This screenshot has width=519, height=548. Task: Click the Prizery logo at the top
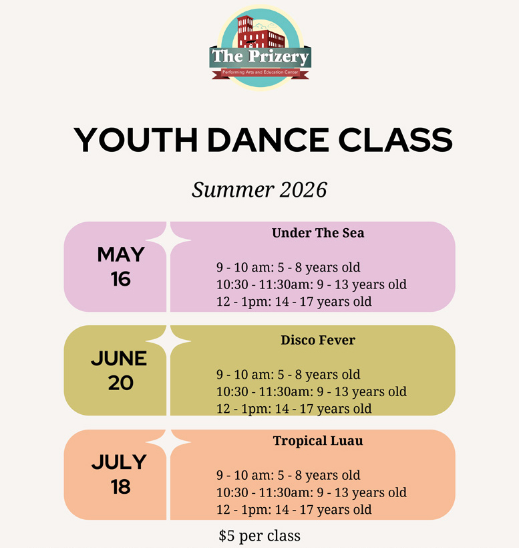point(261,48)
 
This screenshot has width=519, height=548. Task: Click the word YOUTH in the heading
point(136,140)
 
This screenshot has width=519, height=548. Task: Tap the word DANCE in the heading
point(268,140)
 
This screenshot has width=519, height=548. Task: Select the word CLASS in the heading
point(395,140)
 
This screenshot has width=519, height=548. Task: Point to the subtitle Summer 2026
point(259,190)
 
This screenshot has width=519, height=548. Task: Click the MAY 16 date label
point(121,267)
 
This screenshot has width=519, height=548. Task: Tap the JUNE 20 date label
point(120,371)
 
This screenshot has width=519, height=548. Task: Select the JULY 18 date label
point(120,474)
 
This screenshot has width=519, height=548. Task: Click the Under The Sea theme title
point(318,233)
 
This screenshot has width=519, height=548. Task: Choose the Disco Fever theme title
point(318,340)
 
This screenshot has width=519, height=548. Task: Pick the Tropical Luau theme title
point(318,441)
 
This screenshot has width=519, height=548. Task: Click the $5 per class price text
point(259,536)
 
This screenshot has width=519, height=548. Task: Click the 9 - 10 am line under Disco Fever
point(288,375)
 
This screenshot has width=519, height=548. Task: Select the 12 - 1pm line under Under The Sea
point(294,302)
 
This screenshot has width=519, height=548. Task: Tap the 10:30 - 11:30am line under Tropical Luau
point(311,492)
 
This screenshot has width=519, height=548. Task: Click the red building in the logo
point(261,32)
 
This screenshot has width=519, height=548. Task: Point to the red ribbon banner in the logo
point(261,73)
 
